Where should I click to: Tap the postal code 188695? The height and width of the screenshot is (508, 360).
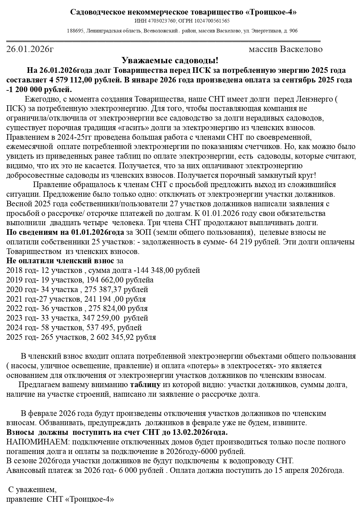click(75, 31)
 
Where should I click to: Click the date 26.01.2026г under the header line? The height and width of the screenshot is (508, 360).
click(30, 49)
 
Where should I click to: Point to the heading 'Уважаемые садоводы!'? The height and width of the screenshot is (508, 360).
click(170, 60)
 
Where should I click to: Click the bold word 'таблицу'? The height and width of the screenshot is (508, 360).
click(145, 385)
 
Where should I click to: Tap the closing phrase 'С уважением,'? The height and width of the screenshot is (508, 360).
click(32, 489)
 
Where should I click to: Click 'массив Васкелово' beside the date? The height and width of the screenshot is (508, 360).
click(286, 49)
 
